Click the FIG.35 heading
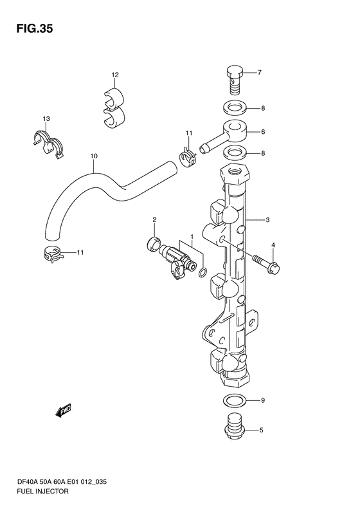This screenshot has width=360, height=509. [35, 29]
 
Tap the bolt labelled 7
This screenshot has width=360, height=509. [235, 80]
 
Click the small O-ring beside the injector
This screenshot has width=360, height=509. [202, 273]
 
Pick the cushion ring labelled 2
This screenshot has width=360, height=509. [154, 243]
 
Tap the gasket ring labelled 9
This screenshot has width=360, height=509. [234, 401]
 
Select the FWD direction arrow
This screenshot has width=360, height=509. [64, 411]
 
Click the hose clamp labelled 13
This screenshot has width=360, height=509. [49, 143]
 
